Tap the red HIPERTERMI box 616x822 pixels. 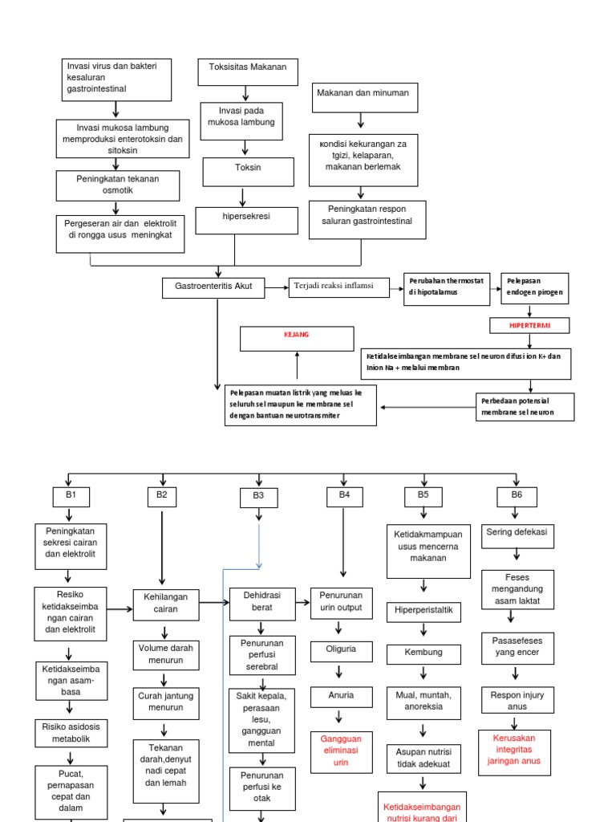pos(531,325)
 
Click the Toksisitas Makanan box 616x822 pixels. pos(248,71)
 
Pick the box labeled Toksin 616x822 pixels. pos(248,170)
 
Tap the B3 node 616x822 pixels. pos(258,498)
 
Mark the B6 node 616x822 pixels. pos(517,496)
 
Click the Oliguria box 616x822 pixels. pos(340,650)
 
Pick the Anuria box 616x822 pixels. pos(340,696)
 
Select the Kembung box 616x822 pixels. pos(423,653)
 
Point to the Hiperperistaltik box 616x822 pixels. pos(423,612)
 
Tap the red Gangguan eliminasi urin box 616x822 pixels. pos(341,751)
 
